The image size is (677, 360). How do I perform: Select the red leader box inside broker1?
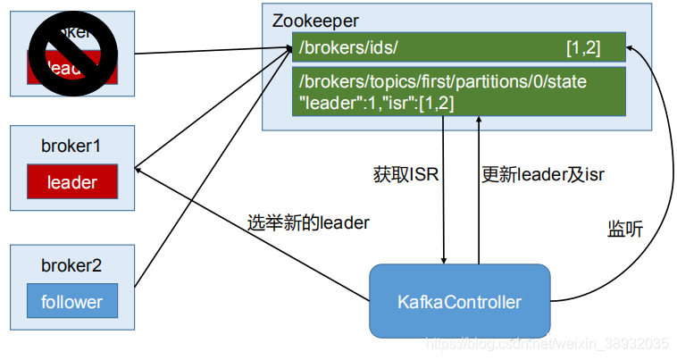coord(72,182)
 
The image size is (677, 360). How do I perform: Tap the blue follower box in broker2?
coord(72,301)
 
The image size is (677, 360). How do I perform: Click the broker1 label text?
coord(71,145)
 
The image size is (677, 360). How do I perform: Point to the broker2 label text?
coord(71,264)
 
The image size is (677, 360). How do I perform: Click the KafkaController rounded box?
coord(459,301)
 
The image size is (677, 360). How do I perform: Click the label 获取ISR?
coord(405,173)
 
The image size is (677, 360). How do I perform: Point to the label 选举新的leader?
coord(308,222)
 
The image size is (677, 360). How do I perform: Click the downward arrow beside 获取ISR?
coord(444,197)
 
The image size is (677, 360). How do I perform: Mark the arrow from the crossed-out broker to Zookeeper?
coord(196,53)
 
